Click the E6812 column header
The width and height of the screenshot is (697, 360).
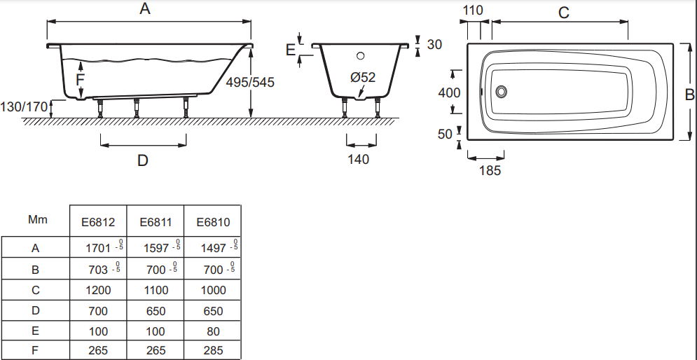coord(98,222)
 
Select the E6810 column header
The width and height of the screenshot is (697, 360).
coord(213,222)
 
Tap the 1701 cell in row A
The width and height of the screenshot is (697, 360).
coord(98,247)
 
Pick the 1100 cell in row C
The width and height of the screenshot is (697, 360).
coord(155,290)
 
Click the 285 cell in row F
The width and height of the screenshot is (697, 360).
coord(213,350)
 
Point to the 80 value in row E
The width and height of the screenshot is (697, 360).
coord(213,331)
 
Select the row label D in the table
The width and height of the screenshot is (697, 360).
coord(36,310)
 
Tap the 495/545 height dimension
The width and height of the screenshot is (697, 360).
coord(250,82)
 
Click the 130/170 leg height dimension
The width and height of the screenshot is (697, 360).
coord(25,107)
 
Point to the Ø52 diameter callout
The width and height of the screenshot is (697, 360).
coord(363,77)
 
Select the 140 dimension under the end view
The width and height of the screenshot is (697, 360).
coord(358,159)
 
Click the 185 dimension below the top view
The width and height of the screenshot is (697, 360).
coord(490,170)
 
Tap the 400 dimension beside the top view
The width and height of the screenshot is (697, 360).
coord(449,92)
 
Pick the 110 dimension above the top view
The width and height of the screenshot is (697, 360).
coord(474,11)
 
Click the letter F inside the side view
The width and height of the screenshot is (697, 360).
coord(80,80)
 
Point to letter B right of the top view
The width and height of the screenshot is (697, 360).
coord(689,93)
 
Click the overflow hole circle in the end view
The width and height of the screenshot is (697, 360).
coord(360,56)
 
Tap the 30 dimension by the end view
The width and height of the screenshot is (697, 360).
coord(434,44)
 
